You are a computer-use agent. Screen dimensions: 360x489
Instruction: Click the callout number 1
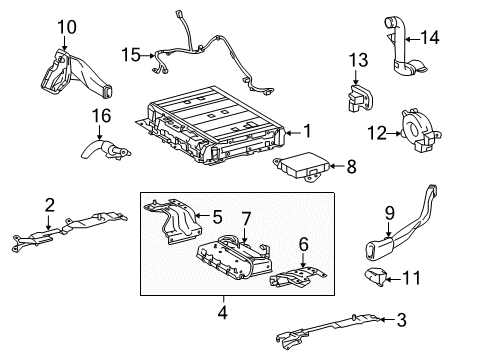(307, 129)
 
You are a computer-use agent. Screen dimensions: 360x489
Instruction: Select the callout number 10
(66, 26)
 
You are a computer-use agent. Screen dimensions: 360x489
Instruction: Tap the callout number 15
(131, 54)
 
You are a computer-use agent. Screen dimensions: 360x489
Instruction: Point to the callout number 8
(350, 167)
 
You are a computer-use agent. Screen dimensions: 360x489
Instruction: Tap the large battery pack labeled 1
(215, 125)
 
